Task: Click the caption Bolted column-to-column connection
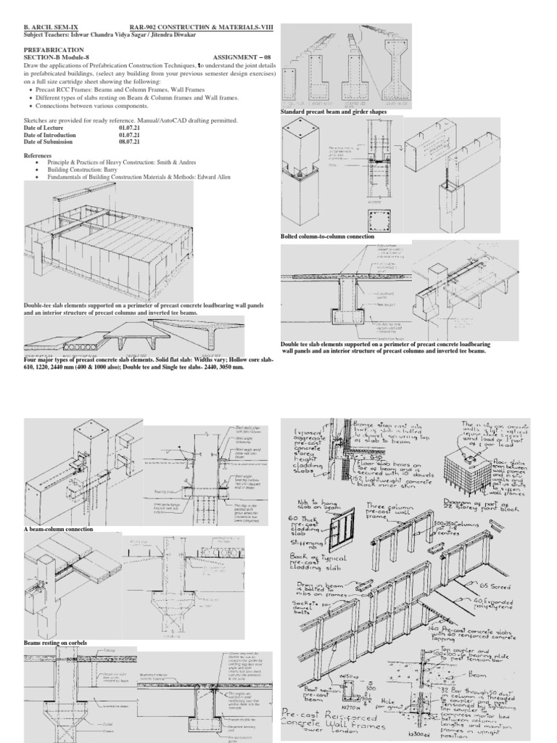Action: coord(327,237)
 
